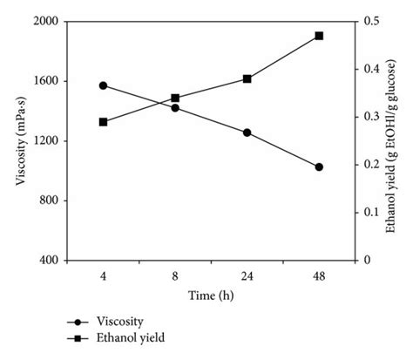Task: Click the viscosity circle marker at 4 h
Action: tap(103, 85)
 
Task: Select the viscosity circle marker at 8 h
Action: tap(175, 108)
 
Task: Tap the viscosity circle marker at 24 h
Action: tap(247, 132)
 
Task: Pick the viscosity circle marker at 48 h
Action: tap(319, 166)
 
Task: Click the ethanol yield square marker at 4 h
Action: tap(103, 122)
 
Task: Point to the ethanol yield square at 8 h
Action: tap(175, 98)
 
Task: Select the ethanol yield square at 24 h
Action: tap(247, 78)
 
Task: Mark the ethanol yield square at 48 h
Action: tap(319, 36)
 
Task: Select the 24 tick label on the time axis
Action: tap(247, 276)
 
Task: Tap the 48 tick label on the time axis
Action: tap(319, 276)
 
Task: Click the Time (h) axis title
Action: tap(211, 295)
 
